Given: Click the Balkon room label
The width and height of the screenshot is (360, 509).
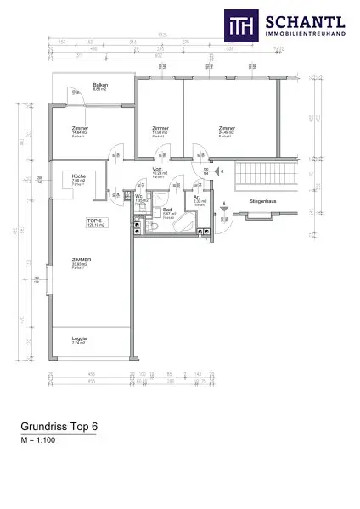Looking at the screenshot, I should (99, 86).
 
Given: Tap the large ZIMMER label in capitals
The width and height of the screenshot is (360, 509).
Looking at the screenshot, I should (82, 261).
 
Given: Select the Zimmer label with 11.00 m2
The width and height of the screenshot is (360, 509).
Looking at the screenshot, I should (160, 129).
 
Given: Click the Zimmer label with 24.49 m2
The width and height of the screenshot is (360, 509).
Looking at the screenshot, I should (226, 129).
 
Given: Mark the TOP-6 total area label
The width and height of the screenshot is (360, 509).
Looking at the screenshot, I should (96, 222).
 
